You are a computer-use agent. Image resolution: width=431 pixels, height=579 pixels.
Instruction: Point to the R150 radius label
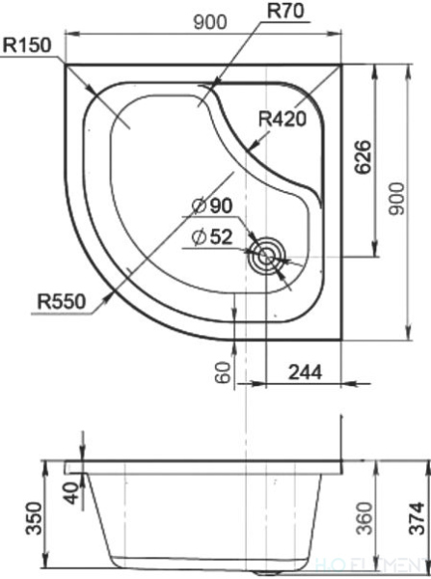point(26,44)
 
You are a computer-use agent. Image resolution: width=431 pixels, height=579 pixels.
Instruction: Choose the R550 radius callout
point(63,301)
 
